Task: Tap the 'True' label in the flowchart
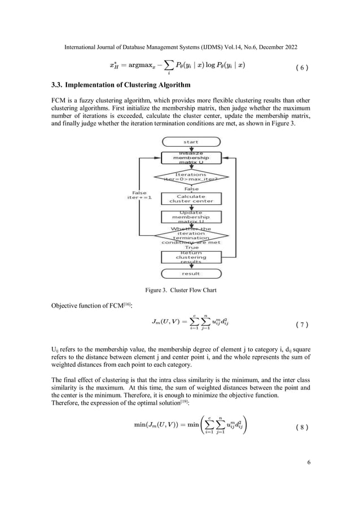[x=192, y=247]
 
